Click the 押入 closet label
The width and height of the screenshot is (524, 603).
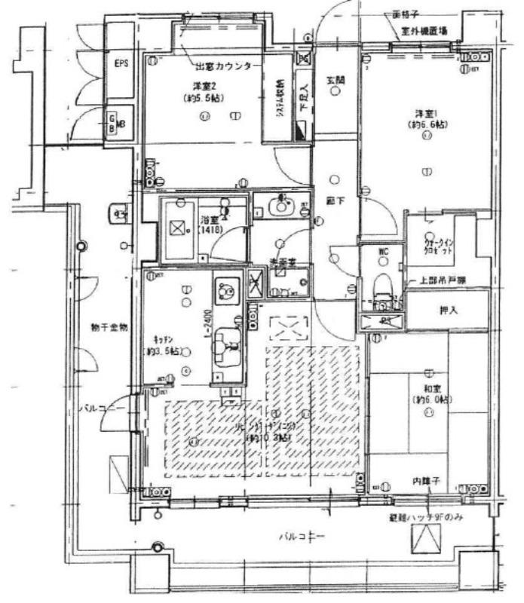coord(449,310)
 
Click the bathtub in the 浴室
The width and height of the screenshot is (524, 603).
coord(179,229)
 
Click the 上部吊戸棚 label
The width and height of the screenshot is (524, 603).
coord(443,280)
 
